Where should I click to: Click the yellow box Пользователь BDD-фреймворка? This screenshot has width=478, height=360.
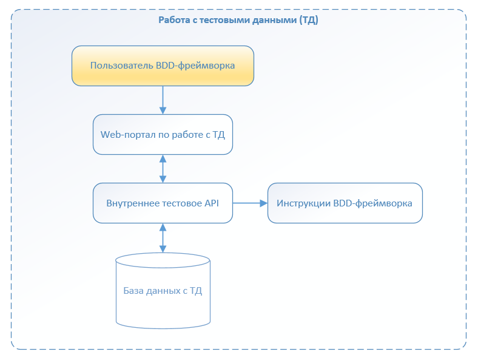point(163,66)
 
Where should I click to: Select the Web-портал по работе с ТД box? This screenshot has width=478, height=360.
point(163,135)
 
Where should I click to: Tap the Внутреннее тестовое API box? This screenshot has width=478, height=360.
point(163,203)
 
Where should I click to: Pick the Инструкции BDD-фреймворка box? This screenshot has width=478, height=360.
point(345,203)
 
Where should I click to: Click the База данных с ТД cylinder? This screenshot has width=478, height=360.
point(163,291)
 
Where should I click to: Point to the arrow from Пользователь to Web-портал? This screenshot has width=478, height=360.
point(163,100)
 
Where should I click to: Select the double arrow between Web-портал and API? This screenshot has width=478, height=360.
point(163,169)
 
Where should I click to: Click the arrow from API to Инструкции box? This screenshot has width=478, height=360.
point(250,203)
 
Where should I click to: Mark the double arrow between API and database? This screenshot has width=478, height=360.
point(163,238)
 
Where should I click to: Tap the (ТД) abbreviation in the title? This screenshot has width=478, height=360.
point(309,20)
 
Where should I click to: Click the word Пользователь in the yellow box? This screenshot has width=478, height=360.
point(122,66)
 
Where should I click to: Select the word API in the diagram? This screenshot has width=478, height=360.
point(212,203)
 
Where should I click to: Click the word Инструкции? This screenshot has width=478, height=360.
point(304,203)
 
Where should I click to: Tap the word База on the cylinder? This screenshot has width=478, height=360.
point(133,291)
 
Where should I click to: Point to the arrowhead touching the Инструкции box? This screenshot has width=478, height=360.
point(264,203)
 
